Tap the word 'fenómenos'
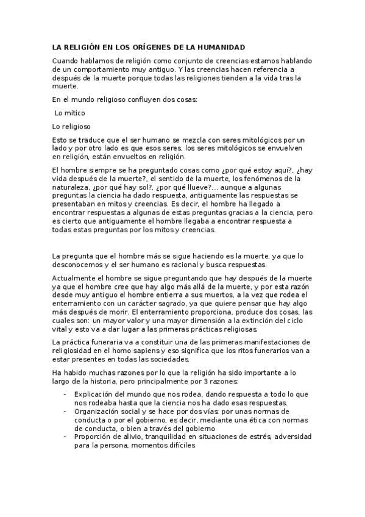click(x=263, y=179)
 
